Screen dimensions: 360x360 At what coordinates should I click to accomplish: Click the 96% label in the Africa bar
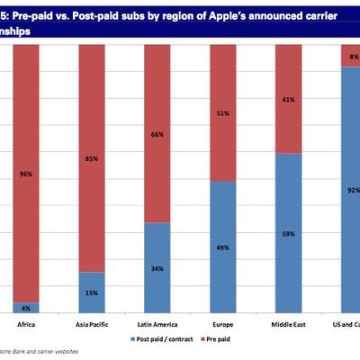[x=26, y=175]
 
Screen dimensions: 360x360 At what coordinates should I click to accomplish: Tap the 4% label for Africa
[x=26, y=307]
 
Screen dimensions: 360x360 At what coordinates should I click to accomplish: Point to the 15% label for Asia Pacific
[x=92, y=292]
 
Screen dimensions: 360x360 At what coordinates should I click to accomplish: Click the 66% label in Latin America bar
[x=157, y=134]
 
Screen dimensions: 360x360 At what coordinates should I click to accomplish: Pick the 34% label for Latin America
[x=157, y=267]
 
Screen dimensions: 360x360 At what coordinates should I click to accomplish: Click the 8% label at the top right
[x=353, y=56]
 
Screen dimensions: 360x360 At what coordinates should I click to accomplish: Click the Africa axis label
[x=26, y=325]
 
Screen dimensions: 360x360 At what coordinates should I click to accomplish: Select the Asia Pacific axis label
[x=92, y=325]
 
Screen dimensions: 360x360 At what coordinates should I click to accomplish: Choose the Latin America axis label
[x=157, y=325]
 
